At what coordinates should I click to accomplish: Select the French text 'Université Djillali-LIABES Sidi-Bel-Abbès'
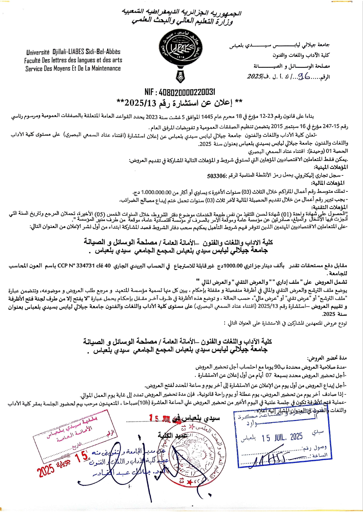point(73,52)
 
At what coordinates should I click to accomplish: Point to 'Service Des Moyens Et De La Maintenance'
point(73,69)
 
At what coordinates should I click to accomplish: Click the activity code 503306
point(217,176)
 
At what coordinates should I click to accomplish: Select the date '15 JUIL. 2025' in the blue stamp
point(282,437)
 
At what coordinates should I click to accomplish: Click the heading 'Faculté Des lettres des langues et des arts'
point(73,60)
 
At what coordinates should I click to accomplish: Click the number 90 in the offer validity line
point(278,367)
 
